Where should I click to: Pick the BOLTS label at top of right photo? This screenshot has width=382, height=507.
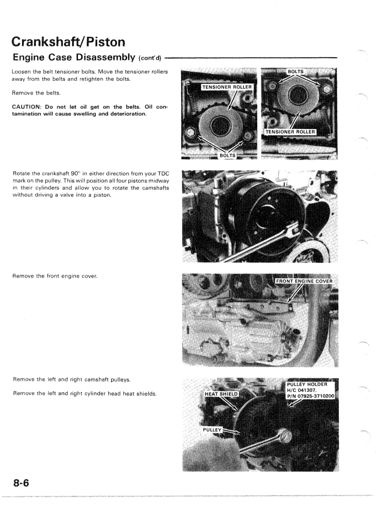pyautogui.click(x=298, y=72)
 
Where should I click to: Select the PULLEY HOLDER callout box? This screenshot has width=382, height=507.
pyautogui.click(x=310, y=390)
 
